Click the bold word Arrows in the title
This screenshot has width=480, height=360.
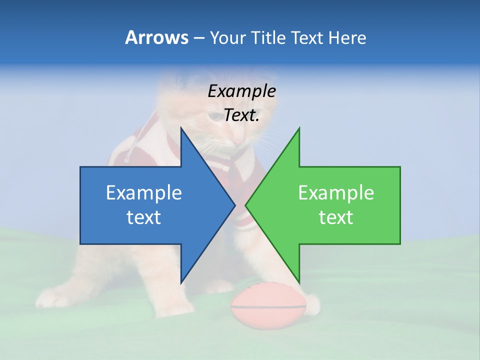pyautogui.click(x=156, y=37)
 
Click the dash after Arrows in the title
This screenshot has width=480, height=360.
pyautogui.click(x=198, y=38)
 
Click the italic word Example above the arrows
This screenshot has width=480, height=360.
pyautogui.click(x=242, y=91)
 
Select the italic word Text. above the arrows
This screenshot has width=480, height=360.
pyautogui.click(x=242, y=115)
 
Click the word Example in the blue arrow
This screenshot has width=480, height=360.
pyautogui.click(x=144, y=192)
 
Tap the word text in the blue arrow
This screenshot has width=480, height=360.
pyautogui.click(x=144, y=217)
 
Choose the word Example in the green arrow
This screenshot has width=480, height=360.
pyautogui.click(x=336, y=192)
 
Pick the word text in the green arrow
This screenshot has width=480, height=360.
pyautogui.click(x=336, y=217)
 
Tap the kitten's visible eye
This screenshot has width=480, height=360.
pyautogui.click(x=214, y=115)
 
